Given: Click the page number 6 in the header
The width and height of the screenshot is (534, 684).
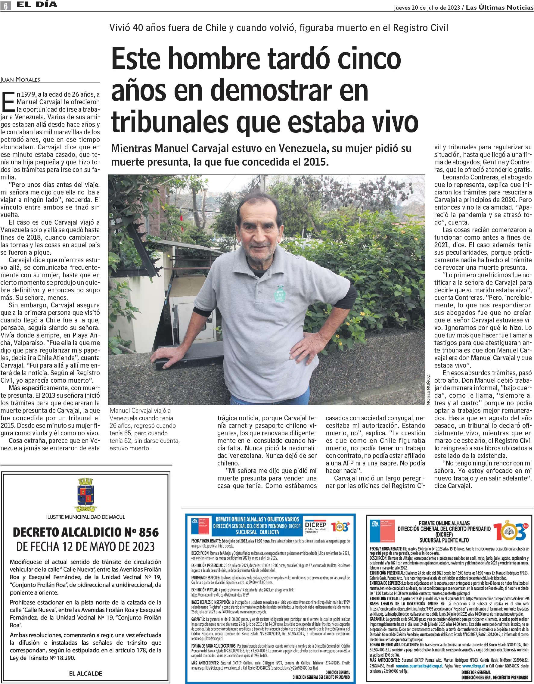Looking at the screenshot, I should [6, 5].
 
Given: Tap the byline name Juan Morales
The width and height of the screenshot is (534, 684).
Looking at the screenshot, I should [20, 79].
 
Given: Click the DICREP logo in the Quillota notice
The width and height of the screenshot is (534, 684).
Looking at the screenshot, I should [315, 526].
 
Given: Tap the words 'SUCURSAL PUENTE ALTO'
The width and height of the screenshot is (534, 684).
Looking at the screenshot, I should [444, 540].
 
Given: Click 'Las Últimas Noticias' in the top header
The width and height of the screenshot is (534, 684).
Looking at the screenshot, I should [499, 8].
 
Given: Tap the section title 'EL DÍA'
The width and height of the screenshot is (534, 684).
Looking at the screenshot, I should [37, 5].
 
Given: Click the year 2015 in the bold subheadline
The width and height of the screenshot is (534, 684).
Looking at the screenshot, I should [316, 162].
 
